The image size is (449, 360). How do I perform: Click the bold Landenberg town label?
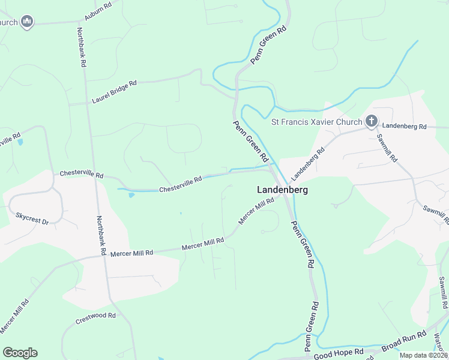282,190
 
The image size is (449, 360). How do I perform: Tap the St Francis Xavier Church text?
316,122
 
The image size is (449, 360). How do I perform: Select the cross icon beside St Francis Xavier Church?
372,122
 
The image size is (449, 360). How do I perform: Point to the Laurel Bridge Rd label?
115,92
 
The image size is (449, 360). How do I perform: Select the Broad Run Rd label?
403,341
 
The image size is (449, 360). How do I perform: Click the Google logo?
20,353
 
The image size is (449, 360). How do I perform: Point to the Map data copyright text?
423,355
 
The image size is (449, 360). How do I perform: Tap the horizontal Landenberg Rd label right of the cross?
403,127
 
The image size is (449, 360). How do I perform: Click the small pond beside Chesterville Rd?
131,194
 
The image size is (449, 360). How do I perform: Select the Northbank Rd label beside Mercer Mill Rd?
101,236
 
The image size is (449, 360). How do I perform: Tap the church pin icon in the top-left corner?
26,22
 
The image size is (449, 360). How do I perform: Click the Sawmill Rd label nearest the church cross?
388,148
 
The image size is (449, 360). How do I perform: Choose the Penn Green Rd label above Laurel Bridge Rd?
269,45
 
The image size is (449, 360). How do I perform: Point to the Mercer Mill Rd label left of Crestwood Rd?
14,317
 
